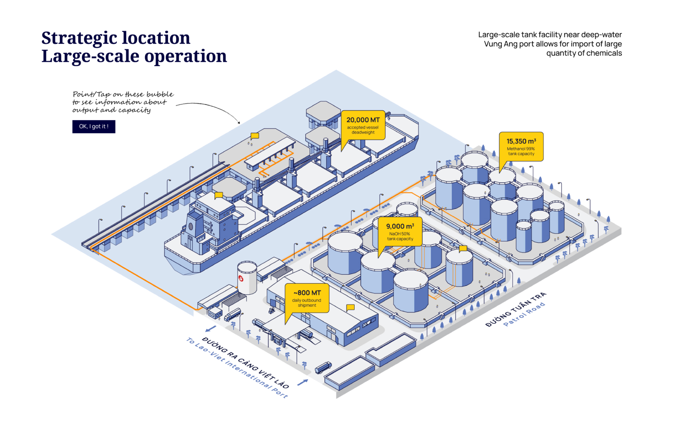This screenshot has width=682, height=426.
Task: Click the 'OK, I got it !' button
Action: point(94,127)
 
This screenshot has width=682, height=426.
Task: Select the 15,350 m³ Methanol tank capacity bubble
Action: point(521,146)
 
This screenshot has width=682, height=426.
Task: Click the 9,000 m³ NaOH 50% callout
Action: point(400,231)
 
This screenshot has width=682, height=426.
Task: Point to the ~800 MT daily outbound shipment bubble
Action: point(307,298)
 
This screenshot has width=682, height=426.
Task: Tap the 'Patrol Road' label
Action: point(524,314)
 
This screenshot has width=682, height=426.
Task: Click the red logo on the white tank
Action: point(241,279)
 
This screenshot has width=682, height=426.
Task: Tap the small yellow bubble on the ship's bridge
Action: point(219,195)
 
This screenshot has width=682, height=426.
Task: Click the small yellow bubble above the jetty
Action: point(255,136)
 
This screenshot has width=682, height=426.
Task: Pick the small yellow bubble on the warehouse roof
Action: point(350,307)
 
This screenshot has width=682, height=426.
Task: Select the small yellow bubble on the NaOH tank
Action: point(463,248)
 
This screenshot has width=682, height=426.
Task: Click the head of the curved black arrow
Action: point(239,123)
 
